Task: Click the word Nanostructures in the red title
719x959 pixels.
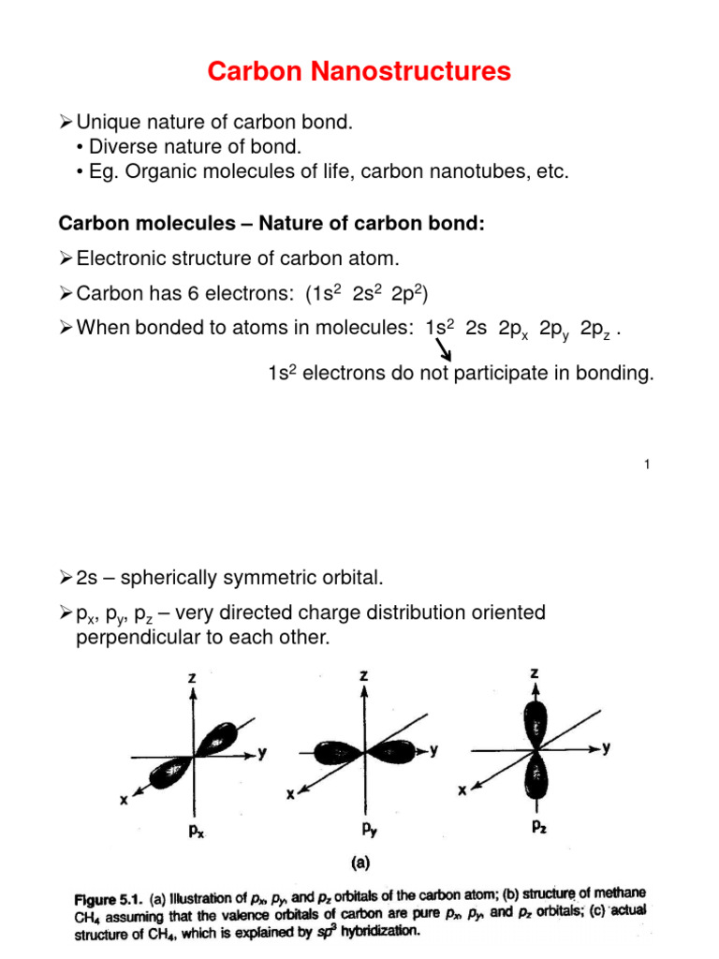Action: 418,71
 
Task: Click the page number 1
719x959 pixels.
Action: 647,466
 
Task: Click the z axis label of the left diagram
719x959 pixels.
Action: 192,677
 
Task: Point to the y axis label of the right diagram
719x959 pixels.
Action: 607,747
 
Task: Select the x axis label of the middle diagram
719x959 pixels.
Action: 291,795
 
